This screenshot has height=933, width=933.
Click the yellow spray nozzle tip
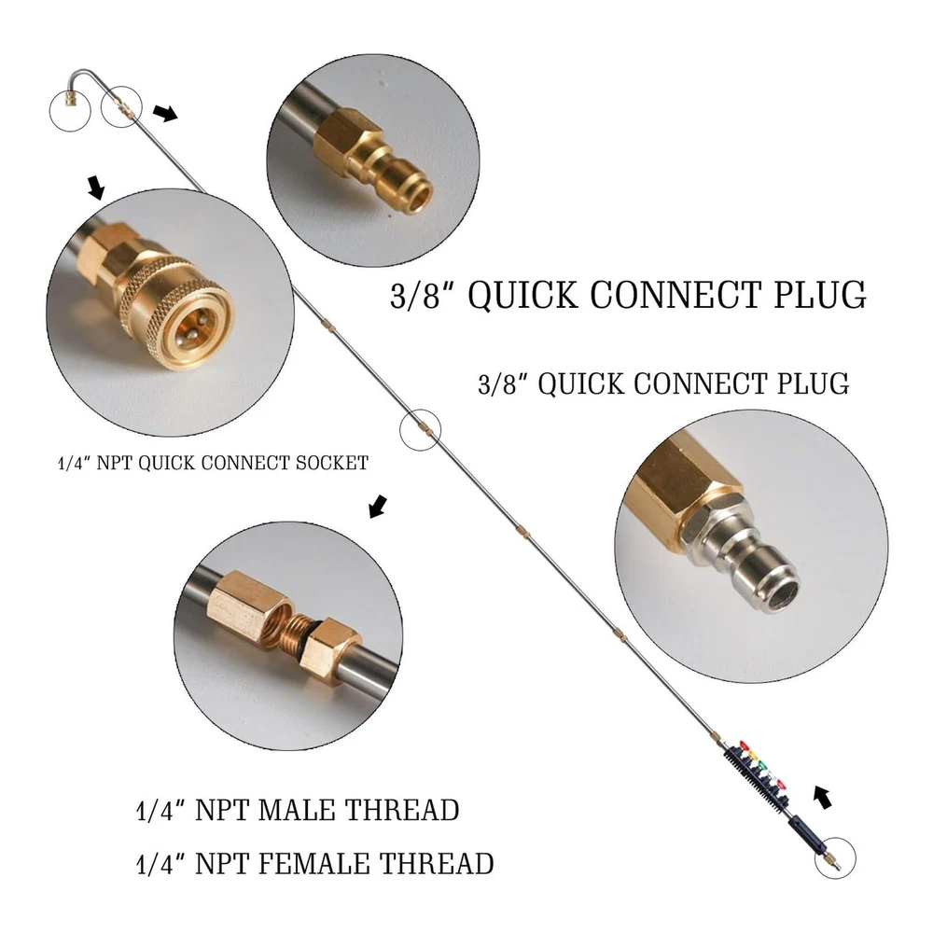pyautogui.click(x=754, y=757)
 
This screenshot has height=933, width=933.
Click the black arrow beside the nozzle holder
pyautogui.click(x=821, y=799)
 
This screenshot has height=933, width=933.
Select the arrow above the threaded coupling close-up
pyautogui.click(x=377, y=507)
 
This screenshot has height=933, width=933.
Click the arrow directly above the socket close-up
pyautogui.click(x=95, y=188)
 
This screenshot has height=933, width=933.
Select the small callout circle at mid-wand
pyautogui.click(x=419, y=430)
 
